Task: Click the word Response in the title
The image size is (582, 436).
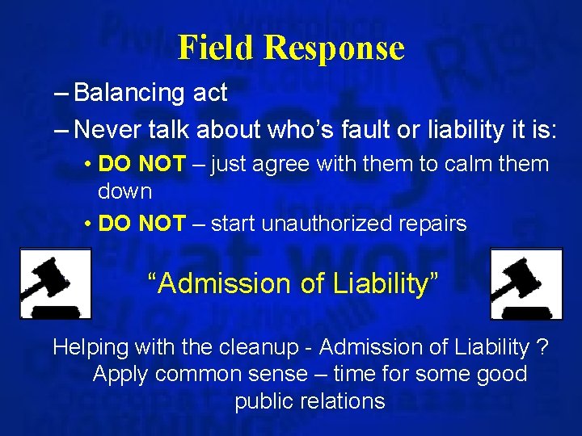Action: (333, 49)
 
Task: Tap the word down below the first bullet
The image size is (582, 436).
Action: (124, 192)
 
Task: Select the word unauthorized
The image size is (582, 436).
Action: (338, 224)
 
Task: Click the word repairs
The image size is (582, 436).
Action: (436, 224)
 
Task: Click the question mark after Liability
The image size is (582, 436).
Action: (542, 347)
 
